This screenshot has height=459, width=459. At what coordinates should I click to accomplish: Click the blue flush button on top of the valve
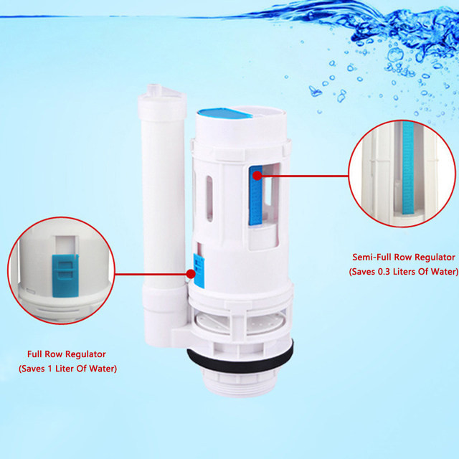click(224, 113)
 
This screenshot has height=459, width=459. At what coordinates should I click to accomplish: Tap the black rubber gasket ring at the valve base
click(240, 361)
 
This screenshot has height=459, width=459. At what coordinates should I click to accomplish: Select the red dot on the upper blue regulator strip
click(257, 176)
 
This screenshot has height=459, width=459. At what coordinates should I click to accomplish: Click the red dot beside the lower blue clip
click(191, 274)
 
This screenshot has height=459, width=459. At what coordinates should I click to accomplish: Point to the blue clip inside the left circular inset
click(65, 275)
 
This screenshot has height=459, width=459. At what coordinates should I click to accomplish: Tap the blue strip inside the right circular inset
click(408, 168)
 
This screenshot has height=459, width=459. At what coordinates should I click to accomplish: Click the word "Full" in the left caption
click(34, 354)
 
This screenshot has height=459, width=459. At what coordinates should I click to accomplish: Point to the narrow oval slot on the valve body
click(209, 198)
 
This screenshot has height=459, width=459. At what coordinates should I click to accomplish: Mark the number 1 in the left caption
click(49, 369)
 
